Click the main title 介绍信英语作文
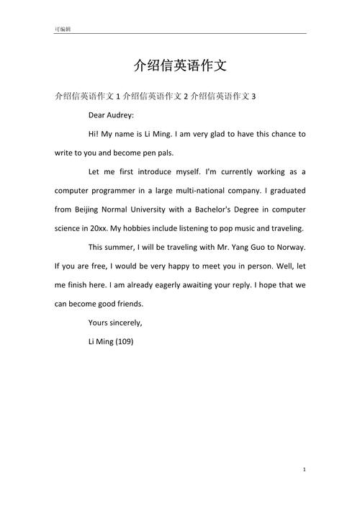coord(180,66)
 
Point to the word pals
coord(163,153)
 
